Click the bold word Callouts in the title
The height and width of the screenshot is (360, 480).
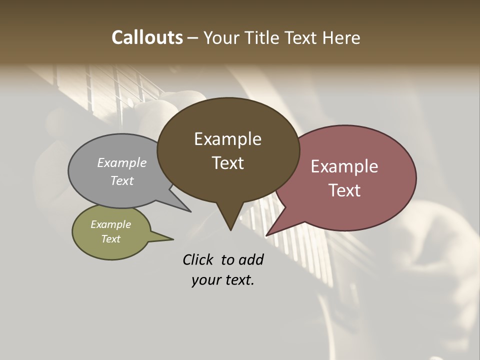[x=147, y=37]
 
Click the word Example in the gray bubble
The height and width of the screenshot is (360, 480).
[x=122, y=162]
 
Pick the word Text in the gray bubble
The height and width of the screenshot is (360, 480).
[x=122, y=180]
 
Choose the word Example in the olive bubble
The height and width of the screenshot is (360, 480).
[x=111, y=224]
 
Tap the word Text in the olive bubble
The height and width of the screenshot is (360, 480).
[x=111, y=239]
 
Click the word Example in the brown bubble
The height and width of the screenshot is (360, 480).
[x=228, y=139]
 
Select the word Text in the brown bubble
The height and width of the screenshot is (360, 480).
[x=228, y=163]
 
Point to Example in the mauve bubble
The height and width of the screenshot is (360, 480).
[x=344, y=166]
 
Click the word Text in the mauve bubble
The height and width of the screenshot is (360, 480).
[x=344, y=190]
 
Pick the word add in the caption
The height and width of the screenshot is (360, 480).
[x=250, y=259]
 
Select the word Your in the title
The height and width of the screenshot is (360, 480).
[x=220, y=37]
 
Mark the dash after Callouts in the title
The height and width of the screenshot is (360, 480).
[x=193, y=37]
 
